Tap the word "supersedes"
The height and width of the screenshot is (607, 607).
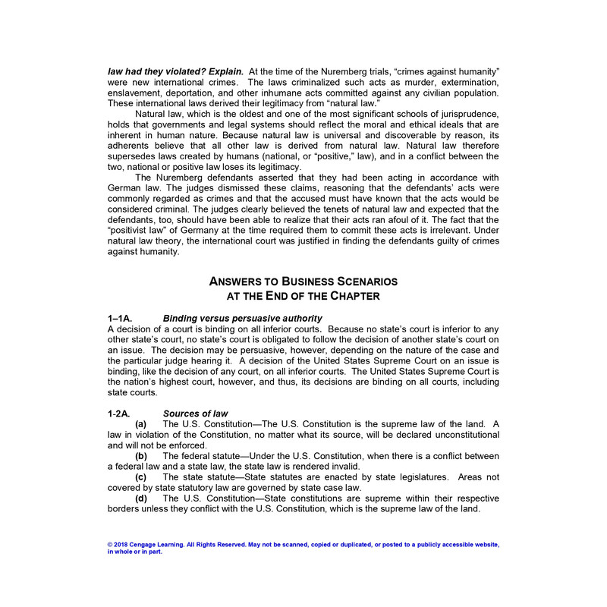[x=134, y=156]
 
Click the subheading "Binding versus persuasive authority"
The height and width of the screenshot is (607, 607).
[x=243, y=317]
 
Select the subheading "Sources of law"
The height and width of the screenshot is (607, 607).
[x=196, y=413]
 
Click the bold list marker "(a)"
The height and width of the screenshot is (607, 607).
[x=141, y=423]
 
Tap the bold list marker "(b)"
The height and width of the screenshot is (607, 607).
[x=141, y=455]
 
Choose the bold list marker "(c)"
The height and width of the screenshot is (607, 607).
[x=141, y=476]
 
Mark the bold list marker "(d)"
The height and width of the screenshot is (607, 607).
[x=141, y=498]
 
